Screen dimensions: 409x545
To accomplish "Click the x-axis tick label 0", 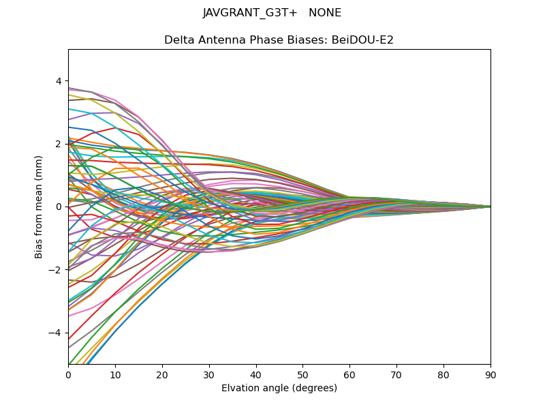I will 68,374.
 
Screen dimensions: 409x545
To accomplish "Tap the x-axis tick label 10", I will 115,374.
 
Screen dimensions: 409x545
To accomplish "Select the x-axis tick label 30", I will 209,374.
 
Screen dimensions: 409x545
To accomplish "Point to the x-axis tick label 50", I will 302,374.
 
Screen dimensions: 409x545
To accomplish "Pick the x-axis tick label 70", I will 396,374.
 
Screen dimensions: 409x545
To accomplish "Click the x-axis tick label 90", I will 490,374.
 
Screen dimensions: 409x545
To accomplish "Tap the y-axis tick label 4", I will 59,81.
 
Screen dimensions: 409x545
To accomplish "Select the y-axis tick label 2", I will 59,144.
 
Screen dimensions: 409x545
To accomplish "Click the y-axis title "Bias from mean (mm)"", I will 39,207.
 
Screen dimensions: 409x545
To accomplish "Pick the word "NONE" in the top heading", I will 325,13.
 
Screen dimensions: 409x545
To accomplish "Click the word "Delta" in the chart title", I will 178,40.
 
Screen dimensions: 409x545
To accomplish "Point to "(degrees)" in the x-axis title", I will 313,388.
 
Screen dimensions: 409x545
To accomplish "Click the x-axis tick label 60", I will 349,374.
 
